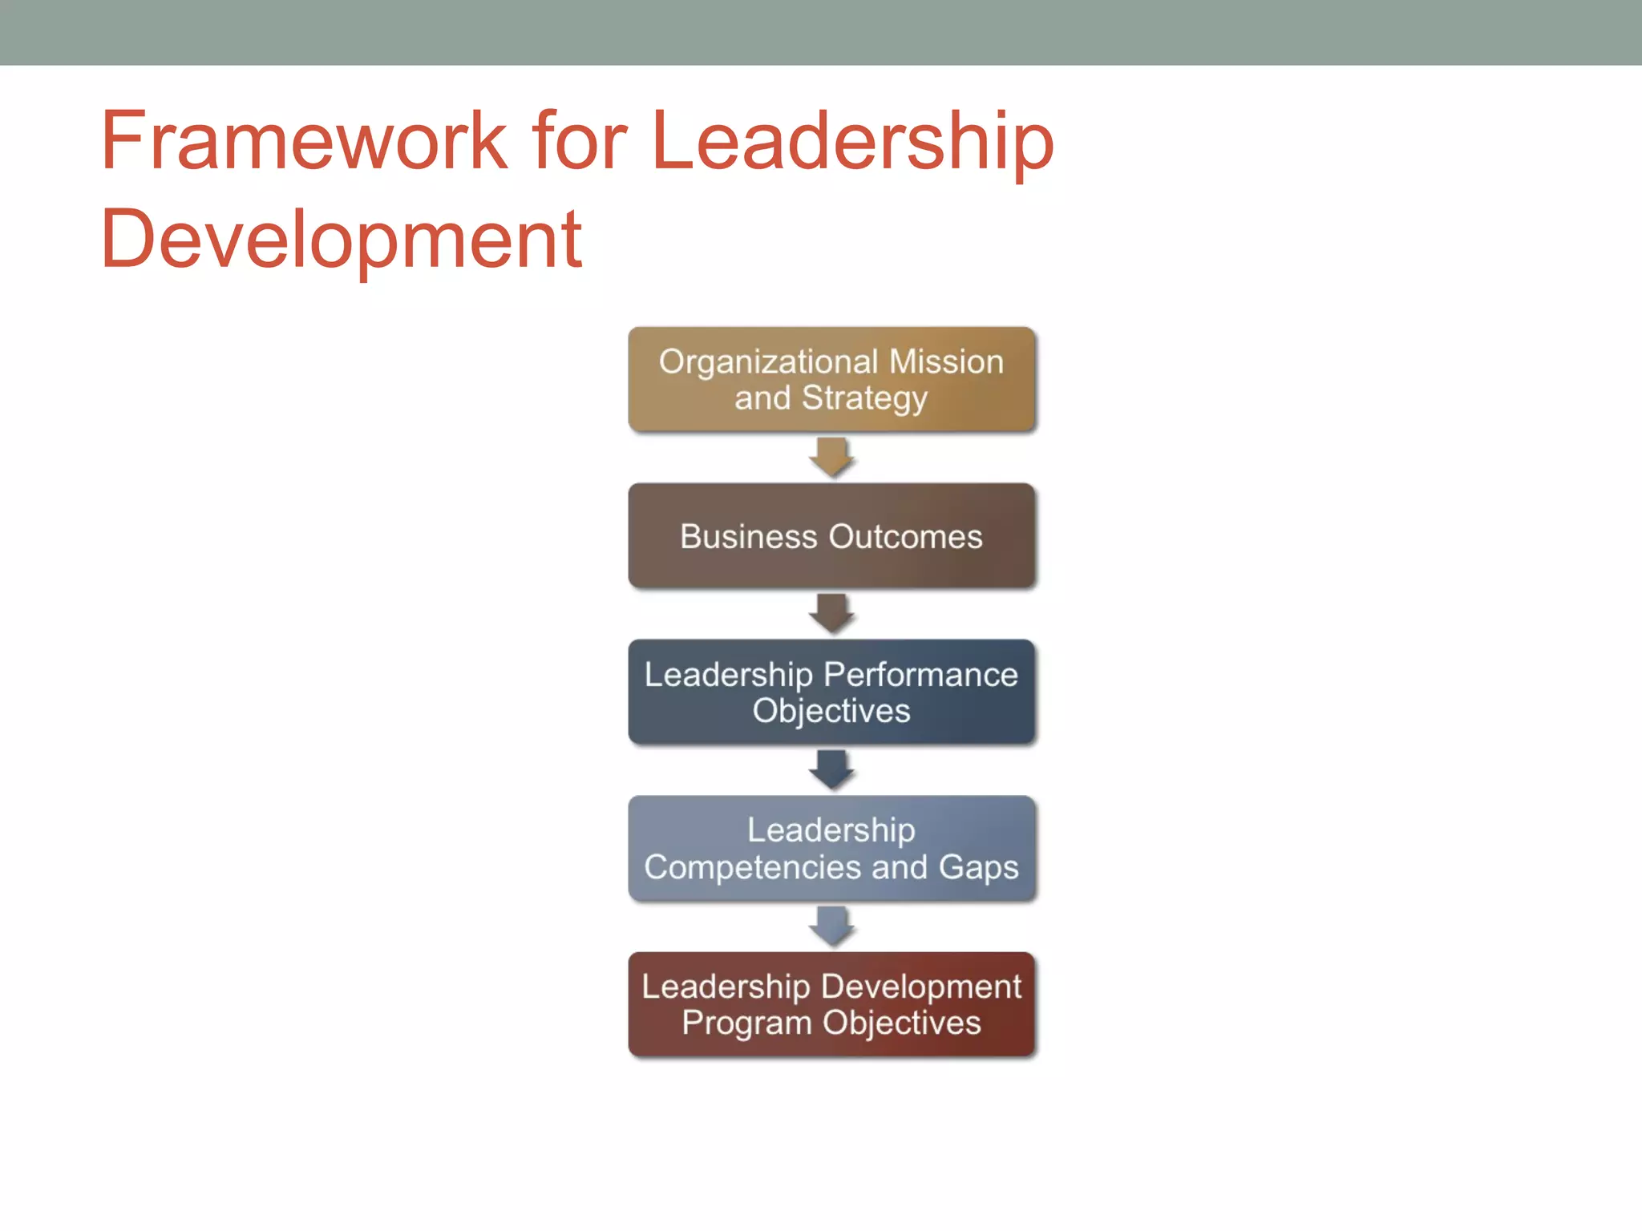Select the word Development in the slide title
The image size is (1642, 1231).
click(341, 239)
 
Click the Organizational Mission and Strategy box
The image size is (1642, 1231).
click(831, 379)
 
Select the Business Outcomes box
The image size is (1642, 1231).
click(831, 535)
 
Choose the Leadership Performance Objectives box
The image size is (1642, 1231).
click(831, 692)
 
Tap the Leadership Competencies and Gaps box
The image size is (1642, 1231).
click(831, 848)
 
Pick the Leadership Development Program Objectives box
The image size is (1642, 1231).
click(831, 1004)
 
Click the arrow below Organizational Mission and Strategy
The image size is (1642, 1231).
click(831, 457)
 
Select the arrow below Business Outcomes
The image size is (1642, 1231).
click(831, 613)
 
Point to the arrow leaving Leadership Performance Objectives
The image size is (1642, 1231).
click(831, 769)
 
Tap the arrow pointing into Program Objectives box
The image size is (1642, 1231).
click(831, 926)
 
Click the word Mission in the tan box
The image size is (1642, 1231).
click(946, 361)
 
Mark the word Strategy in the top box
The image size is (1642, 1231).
click(864, 398)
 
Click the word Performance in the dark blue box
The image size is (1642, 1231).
click(920, 675)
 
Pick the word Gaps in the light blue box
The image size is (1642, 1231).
click(978, 867)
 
